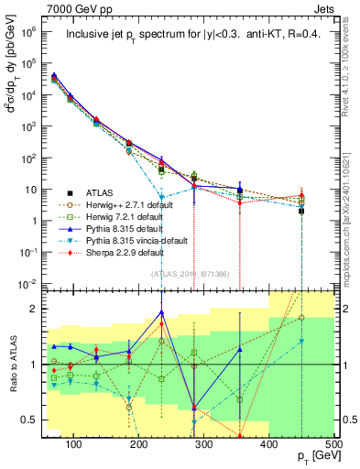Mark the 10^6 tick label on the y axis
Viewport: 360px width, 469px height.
pos(29,32)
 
